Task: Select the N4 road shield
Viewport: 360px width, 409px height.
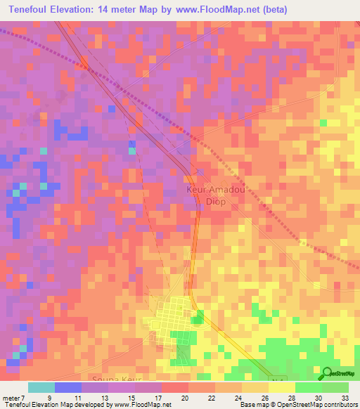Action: pyautogui.click(x=274, y=378)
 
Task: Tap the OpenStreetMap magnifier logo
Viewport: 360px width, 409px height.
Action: pyautogui.click(x=328, y=373)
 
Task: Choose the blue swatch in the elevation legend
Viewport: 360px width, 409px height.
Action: pyautogui.click(x=68, y=387)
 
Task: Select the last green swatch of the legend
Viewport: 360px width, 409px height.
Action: pyautogui.click(x=335, y=387)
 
